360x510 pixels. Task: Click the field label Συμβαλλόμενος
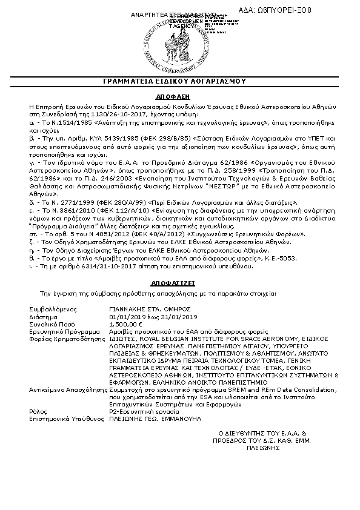point(51,309)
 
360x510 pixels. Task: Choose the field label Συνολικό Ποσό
point(50,324)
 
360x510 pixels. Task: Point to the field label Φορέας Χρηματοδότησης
point(63,339)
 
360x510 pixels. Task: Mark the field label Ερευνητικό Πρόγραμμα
point(61,331)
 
